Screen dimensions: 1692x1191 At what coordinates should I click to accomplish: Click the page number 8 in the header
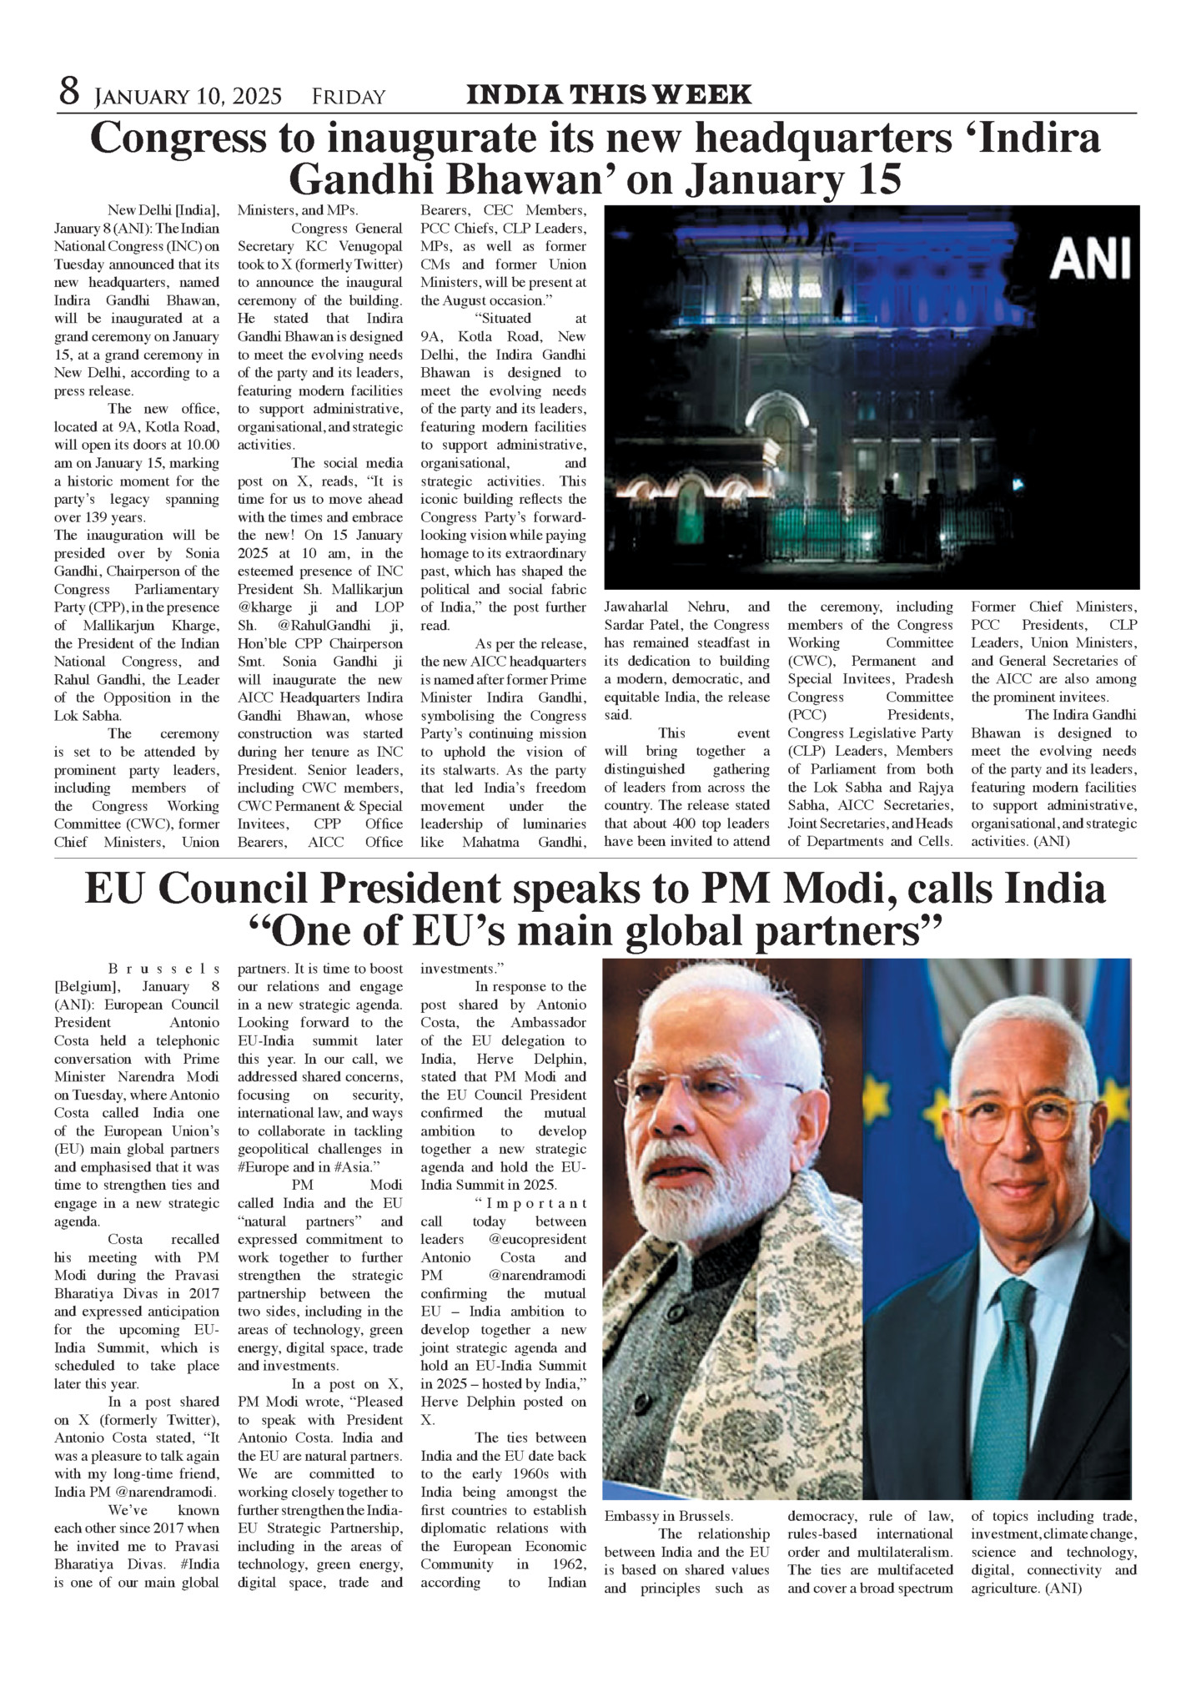[x=68, y=92]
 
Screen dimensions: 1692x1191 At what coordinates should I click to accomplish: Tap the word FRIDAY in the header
[x=349, y=97]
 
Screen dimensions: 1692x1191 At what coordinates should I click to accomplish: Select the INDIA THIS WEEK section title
[x=609, y=95]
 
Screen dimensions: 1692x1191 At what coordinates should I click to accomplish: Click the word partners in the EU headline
[x=847, y=931]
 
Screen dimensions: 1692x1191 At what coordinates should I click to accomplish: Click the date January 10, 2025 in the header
[x=188, y=97]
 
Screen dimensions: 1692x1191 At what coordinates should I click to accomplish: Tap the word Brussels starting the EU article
[x=163, y=969]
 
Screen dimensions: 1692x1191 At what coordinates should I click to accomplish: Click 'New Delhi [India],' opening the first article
[x=163, y=209]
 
